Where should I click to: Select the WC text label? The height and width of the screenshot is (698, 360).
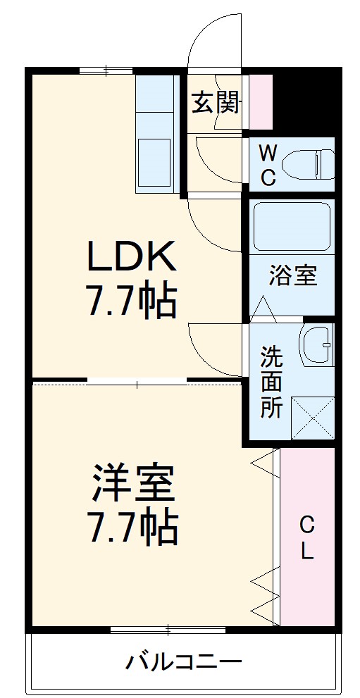click(268, 164)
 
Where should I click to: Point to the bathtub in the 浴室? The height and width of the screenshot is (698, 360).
click(291, 227)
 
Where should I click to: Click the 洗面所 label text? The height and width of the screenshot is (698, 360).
click(271, 381)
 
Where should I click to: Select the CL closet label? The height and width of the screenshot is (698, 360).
click(307, 537)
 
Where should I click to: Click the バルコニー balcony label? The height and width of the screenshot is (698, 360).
click(184, 661)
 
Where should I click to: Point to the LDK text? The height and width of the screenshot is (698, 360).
click(131, 258)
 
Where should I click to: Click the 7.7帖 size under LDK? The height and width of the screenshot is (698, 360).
click(131, 301)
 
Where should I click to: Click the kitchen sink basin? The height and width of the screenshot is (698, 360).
click(154, 163)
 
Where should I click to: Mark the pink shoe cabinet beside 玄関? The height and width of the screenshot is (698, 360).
click(261, 101)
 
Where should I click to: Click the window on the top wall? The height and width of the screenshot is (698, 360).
click(106, 70)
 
